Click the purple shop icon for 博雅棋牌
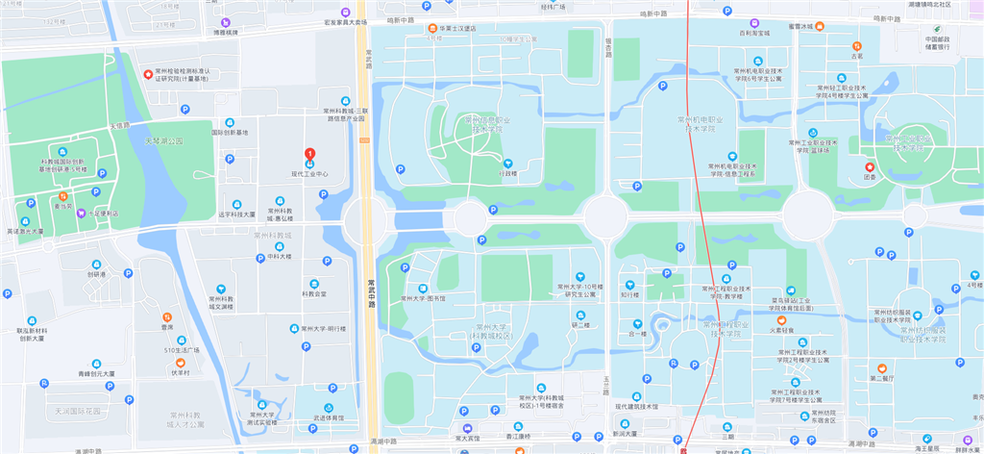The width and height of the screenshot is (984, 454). coord(226,21)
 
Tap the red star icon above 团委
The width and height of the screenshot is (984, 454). coord(871,166)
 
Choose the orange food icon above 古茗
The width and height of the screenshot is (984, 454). coord(856,45)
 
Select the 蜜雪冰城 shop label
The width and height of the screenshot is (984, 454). coord(799,27)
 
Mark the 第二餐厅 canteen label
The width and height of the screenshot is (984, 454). coord(881,379)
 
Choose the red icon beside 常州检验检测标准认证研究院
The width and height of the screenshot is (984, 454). coord(147,73)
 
